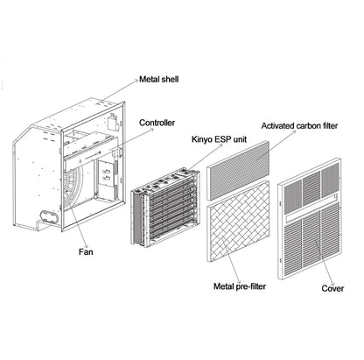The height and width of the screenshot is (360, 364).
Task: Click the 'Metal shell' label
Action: pyautogui.click(x=161, y=80)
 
